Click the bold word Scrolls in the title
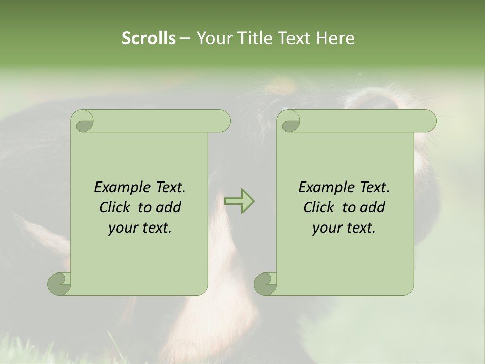tap(149, 38)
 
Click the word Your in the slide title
tap(212, 38)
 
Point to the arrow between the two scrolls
tap(239, 201)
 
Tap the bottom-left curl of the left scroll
tap(60, 284)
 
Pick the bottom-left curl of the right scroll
tap(266, 284)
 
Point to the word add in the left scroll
tap(169, 207)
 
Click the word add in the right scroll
tap(373, 207)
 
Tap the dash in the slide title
tap(185, 38)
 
